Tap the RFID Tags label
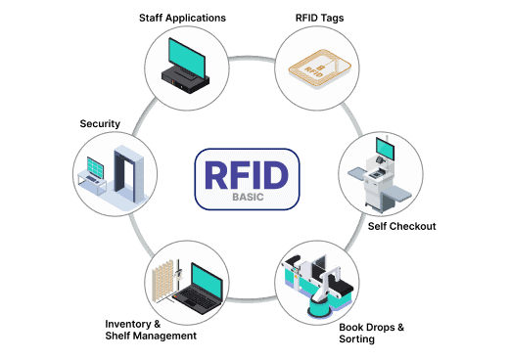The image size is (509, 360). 320,17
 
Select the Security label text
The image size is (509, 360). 100,124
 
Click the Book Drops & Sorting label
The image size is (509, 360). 371,333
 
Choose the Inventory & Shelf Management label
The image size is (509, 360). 151,329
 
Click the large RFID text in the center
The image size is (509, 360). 246,173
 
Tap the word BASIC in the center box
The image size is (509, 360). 247,196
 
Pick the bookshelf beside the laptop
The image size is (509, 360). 165,278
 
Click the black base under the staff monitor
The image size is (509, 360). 185,79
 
